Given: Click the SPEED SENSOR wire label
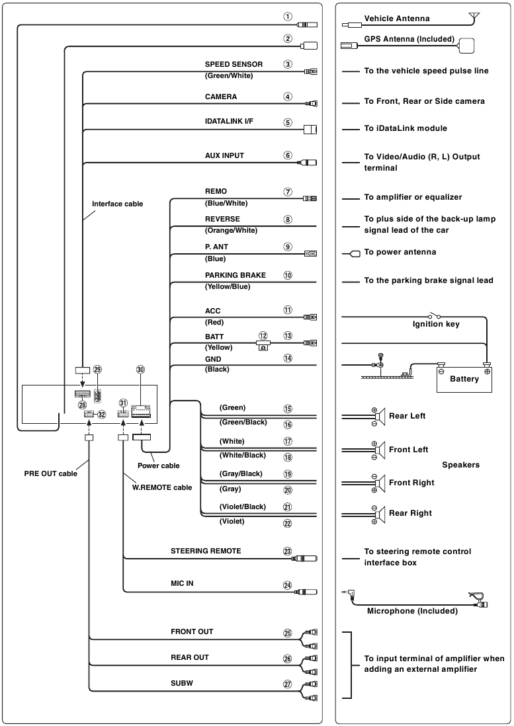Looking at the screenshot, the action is [234, 64].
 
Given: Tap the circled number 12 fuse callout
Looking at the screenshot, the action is [263, 336].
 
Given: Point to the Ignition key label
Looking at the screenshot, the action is [436, 324].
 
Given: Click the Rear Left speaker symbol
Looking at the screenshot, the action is [380, 417].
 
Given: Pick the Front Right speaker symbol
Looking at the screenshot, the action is [380, 483].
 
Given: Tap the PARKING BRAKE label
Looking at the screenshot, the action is [236, 275].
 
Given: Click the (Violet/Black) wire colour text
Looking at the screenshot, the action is [242, 506].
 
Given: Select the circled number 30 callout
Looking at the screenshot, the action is [140, 370].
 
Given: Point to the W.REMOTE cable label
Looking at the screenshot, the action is [162, 487].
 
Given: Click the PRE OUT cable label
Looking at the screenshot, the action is [50, 473].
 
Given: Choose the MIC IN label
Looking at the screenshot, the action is [182, 583].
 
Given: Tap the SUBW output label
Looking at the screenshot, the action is [181, 683].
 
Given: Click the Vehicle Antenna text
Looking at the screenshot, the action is [397, 19].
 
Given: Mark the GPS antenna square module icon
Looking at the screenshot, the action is [466, 46].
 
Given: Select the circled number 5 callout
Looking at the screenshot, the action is [288, 123].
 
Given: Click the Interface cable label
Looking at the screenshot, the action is [117, 204].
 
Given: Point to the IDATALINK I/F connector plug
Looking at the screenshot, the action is [310, 129].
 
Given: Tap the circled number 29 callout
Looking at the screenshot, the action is [97, 370].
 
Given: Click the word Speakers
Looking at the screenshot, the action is [460, 465].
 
